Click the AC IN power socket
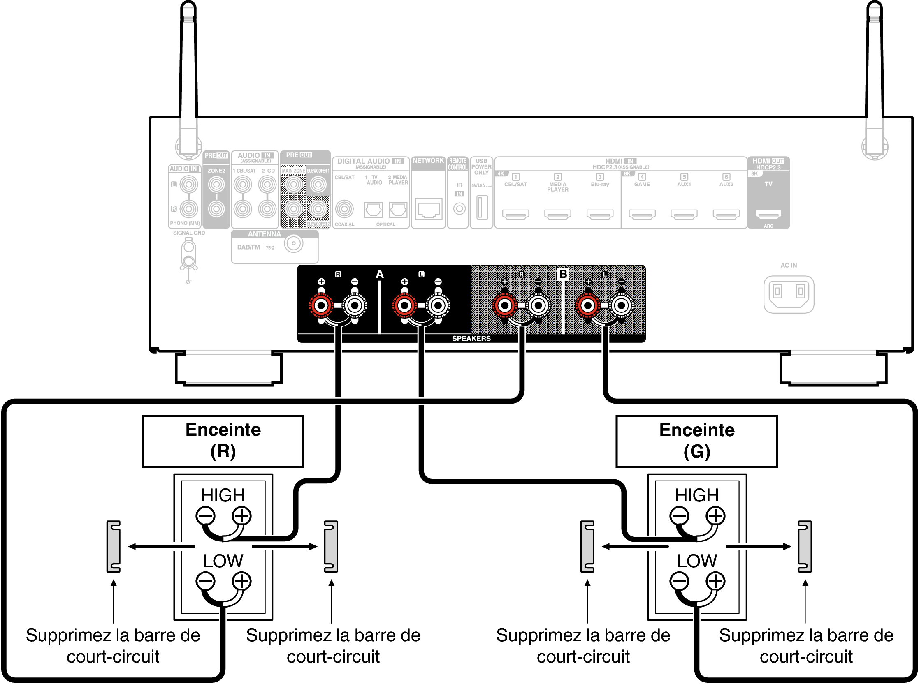pos(789,294)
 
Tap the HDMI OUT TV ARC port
pos(768,215)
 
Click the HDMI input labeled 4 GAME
pos(642,215)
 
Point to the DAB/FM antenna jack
pos(293,243)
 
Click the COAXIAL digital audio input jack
pos(344,209)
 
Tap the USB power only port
pos(481,207)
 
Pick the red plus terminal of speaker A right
pos(321,306)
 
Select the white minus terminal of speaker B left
pos(621,306)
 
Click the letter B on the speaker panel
pos(563,274)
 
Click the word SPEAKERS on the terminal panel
pos(471,339)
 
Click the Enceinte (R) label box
pos(223,441)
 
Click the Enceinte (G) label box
pos(696,441)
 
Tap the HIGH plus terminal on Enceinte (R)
pos(241,516)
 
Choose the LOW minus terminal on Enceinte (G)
pos(679,581)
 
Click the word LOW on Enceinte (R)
pos(223,561)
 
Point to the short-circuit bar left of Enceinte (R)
pos(114,547)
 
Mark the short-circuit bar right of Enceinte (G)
pos(805,547)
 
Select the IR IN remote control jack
pos(459,209)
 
